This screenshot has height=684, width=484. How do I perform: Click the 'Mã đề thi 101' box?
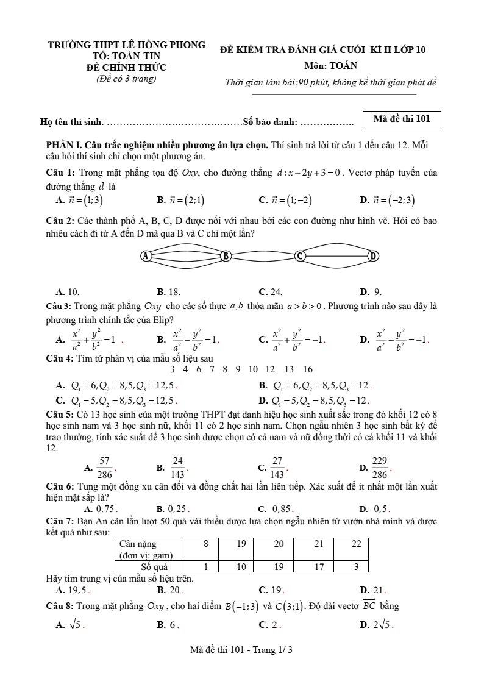401,119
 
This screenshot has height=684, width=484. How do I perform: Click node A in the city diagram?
146,256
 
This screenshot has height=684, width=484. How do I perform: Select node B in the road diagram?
226,256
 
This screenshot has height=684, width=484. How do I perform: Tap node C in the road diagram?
299,256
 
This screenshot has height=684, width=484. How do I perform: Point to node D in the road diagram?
373,256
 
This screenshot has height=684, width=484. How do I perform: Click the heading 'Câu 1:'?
61,173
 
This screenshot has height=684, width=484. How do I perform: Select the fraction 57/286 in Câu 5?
104,467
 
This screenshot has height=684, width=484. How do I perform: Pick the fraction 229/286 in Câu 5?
379,467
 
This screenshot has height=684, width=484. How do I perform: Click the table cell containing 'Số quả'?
150,566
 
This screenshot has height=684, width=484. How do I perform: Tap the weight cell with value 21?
318,544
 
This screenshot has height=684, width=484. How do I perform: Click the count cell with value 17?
318,566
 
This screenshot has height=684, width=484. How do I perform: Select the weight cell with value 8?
206,544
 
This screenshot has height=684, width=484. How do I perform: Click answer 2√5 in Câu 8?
382,624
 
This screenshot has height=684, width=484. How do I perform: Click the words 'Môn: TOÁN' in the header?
330,66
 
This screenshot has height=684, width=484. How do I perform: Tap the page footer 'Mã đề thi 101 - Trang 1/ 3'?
241,650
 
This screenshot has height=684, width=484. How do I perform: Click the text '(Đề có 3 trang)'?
126,78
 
